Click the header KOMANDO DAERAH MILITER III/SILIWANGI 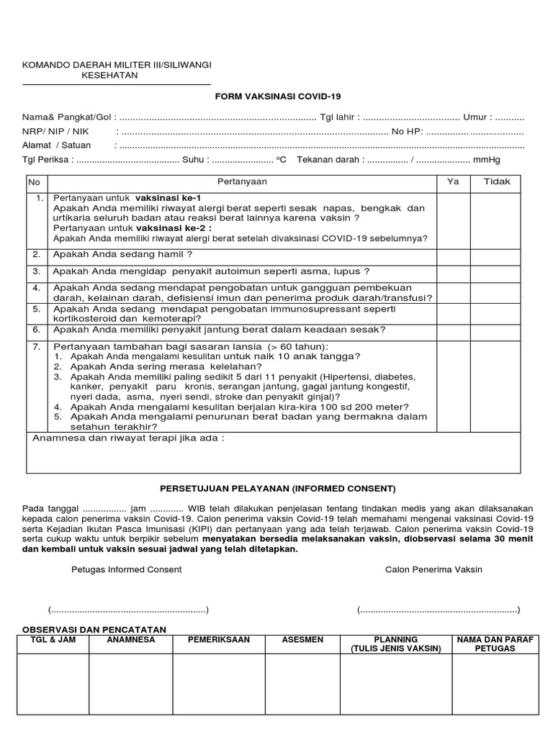pos(117,65)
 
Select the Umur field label pos(478,117)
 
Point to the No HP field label pos(406,132)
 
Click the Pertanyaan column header pos(242,182)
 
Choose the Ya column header pos(453,182)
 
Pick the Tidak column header pos(496,182)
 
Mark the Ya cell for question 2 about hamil pos(453,255)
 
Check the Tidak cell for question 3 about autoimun pos(496,271)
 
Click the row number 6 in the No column pos(37,330)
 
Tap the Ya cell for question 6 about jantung pos(453,330)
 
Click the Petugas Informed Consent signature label pos(127,569)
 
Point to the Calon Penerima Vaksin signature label pos(433,569)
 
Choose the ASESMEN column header pos(303,639)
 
